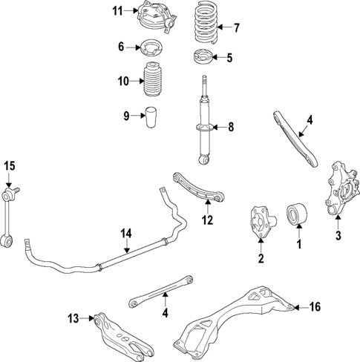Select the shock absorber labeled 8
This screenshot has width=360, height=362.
click(x=203, y=122)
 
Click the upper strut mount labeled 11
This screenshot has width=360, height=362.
click(x=154, y=18)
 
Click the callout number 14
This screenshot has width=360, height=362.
click(x=126, y=234)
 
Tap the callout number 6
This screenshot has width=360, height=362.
click(x=122, y=47)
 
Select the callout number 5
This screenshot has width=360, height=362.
click(x=229, y=58)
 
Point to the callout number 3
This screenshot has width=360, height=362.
click(x=338, y=237)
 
